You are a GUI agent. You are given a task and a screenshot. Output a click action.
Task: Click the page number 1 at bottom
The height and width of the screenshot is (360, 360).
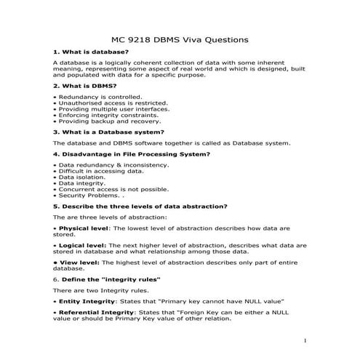306,340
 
